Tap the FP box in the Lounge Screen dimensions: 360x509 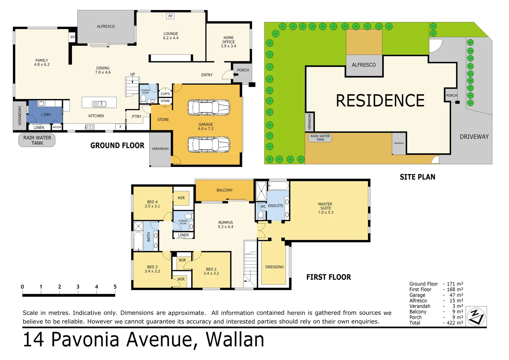pos(170,16)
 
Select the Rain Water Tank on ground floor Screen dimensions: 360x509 pos(37,140)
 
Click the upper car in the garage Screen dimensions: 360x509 pos(209,108)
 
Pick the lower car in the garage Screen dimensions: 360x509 pos(209,145)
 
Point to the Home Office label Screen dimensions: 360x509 pos(229,42)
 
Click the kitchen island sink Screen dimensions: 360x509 pos(99,104)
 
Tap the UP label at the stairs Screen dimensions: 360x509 pos(133,74)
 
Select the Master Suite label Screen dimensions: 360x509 pos(325,208)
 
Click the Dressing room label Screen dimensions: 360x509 pos(274,267)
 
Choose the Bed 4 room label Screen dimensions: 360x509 pos(152,204)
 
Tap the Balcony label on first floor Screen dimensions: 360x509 pos(225,190)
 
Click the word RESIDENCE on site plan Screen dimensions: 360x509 pos(380,101)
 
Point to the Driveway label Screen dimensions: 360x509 pos(474,137)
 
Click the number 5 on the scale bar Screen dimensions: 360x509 pos(115,287)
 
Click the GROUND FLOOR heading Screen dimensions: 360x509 pos(117,146)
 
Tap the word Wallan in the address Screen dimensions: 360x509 pos(235,340)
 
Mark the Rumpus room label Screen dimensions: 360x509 pos(226,225)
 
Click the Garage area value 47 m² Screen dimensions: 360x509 pos(456,295)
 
